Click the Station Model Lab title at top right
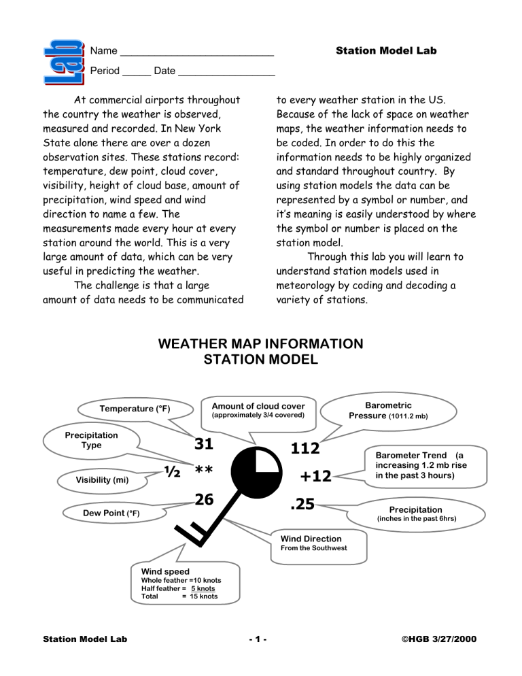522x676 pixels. (386, 51)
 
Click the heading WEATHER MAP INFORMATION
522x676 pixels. (260, 344)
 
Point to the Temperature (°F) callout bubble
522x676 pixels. (135, 409)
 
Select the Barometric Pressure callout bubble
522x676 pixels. (387, 410)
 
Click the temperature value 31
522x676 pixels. (204, 444)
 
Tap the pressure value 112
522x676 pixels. (305, 448)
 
